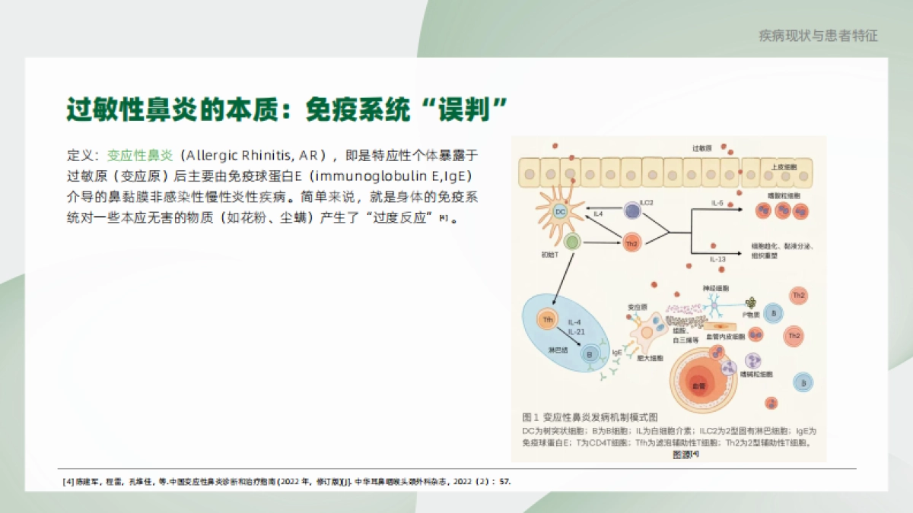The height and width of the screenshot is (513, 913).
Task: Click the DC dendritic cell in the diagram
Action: coord(561,211)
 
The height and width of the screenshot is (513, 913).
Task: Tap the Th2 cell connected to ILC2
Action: coord(631,242)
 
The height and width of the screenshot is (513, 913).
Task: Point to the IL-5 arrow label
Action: coord(717,204)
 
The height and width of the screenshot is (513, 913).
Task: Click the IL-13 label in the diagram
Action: coord(717,259)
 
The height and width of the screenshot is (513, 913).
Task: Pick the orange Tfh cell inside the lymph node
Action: coord(547,320)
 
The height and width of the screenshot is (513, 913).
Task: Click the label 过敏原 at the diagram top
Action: coord(701,147)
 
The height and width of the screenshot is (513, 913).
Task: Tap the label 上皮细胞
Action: coord(784,166)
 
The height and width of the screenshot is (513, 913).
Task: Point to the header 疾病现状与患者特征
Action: coord(819,36)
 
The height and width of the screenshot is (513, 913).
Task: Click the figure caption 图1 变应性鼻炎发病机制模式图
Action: coord(590,417)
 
